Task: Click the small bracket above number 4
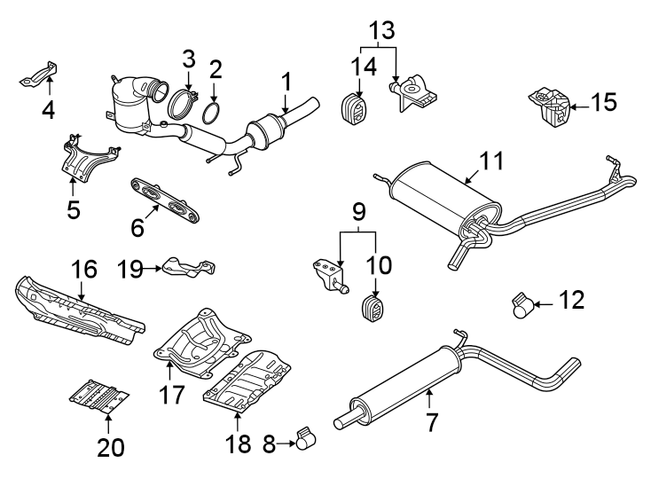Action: tap(41, 74)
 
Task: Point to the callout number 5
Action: tap(73, 210)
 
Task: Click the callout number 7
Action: tap(432, 422)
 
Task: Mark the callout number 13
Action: tap(380, 30)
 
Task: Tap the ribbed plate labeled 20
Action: tap(98, 395)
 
